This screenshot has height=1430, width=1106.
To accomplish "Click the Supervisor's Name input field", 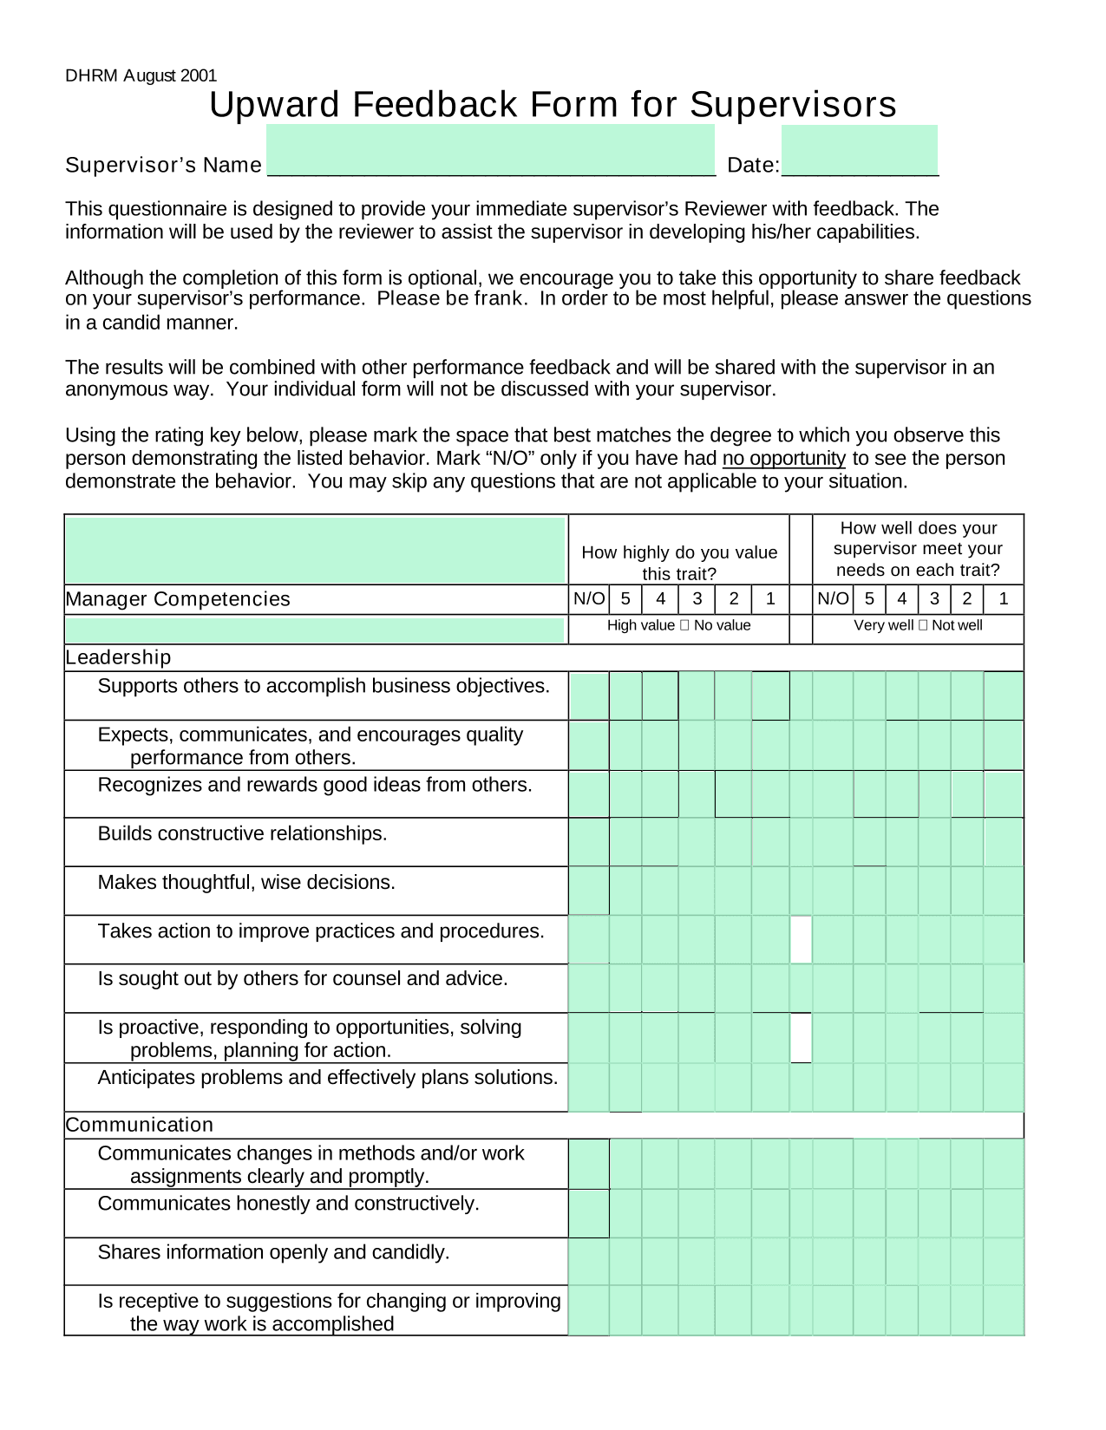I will [x=490, y=151].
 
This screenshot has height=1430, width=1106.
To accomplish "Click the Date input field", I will [x=859, y=151].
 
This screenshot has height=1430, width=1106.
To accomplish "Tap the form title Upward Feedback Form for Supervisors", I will [x=553, y=105].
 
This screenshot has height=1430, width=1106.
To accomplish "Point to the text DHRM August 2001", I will [x=141, y=75].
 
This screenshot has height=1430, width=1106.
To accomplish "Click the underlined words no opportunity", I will [x=783, y=458].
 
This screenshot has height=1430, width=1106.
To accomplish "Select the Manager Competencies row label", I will [x=178, y=599].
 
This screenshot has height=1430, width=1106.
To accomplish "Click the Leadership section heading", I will [x=118, y=657].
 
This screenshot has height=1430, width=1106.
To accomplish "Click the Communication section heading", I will [x=139, y=1125].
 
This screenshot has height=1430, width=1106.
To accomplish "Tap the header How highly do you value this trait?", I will [x=679, y=563].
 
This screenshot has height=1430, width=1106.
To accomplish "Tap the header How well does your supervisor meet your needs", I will [x=918, y=549].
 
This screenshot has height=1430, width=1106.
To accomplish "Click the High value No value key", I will [x=678, y=625].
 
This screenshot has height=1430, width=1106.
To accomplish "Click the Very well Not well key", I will [x=918, y=625].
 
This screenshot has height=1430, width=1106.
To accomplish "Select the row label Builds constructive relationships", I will [x=242, y=833].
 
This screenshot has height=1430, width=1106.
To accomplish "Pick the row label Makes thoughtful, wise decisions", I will [x=246, y=882].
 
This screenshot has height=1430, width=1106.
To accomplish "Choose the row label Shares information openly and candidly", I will [x=273, y=1252].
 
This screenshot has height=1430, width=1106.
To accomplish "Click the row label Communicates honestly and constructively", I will [x=288, y=1204].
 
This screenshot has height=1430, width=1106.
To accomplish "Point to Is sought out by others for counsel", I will [x=303, y=978].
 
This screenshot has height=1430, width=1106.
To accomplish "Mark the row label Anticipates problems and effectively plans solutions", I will [x=328, y=1077].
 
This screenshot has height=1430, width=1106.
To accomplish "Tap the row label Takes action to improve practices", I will [x=321, y=930].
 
